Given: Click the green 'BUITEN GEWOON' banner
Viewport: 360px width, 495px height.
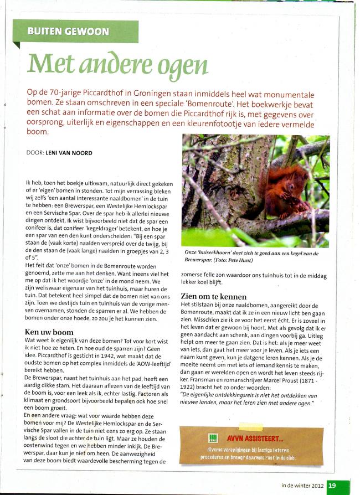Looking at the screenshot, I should click(x=69, y=31).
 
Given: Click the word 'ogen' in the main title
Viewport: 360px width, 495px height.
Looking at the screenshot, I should click(x=183, y=66).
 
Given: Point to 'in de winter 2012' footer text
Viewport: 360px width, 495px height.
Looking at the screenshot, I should click(x=302, y=486).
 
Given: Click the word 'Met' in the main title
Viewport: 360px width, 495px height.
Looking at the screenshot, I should click(x=48, y=65).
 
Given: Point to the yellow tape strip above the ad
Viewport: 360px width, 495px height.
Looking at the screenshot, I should click(x=250, y=427).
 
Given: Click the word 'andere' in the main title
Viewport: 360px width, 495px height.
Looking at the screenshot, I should click(x=110, y=66).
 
